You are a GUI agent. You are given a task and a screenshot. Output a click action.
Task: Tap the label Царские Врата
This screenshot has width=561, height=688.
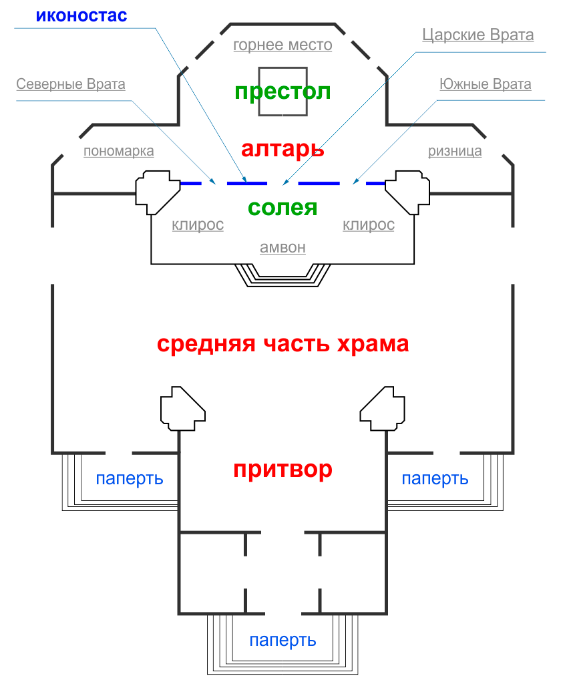(478, 35)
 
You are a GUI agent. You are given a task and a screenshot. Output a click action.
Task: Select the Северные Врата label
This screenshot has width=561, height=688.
(71, 85)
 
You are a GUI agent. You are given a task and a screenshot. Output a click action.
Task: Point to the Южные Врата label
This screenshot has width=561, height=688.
(486, 85)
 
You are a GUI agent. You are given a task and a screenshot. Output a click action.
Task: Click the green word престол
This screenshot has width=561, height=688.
(283, 92)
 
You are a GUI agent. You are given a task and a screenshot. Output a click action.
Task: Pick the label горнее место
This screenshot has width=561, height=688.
(283, 45)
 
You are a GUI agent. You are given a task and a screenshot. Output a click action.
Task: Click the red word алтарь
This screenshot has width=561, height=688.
(283, 148)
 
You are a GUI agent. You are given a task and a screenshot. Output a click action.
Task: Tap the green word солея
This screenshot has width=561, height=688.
(283, 207)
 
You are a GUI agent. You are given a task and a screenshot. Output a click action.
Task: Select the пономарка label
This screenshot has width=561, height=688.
(119, 151)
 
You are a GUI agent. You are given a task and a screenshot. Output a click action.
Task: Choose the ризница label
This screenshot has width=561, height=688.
(455, 151)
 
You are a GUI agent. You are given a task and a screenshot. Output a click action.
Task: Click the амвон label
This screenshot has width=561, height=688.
(283, 247)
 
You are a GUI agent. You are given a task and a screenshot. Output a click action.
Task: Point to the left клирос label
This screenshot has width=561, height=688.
(198, 225)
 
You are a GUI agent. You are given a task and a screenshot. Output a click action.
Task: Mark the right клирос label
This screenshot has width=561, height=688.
(369, 225)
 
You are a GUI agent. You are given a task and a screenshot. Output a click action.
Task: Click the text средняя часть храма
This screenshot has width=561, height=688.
(283, 345)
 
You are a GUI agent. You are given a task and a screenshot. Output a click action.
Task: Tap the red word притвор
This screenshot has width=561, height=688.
(283, 470)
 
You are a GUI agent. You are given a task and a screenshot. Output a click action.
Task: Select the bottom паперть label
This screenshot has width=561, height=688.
(283, 641)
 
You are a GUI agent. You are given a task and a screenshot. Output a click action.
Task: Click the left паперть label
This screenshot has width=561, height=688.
(130, 479)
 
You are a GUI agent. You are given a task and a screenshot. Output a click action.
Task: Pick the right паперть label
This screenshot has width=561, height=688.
(435, 479)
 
